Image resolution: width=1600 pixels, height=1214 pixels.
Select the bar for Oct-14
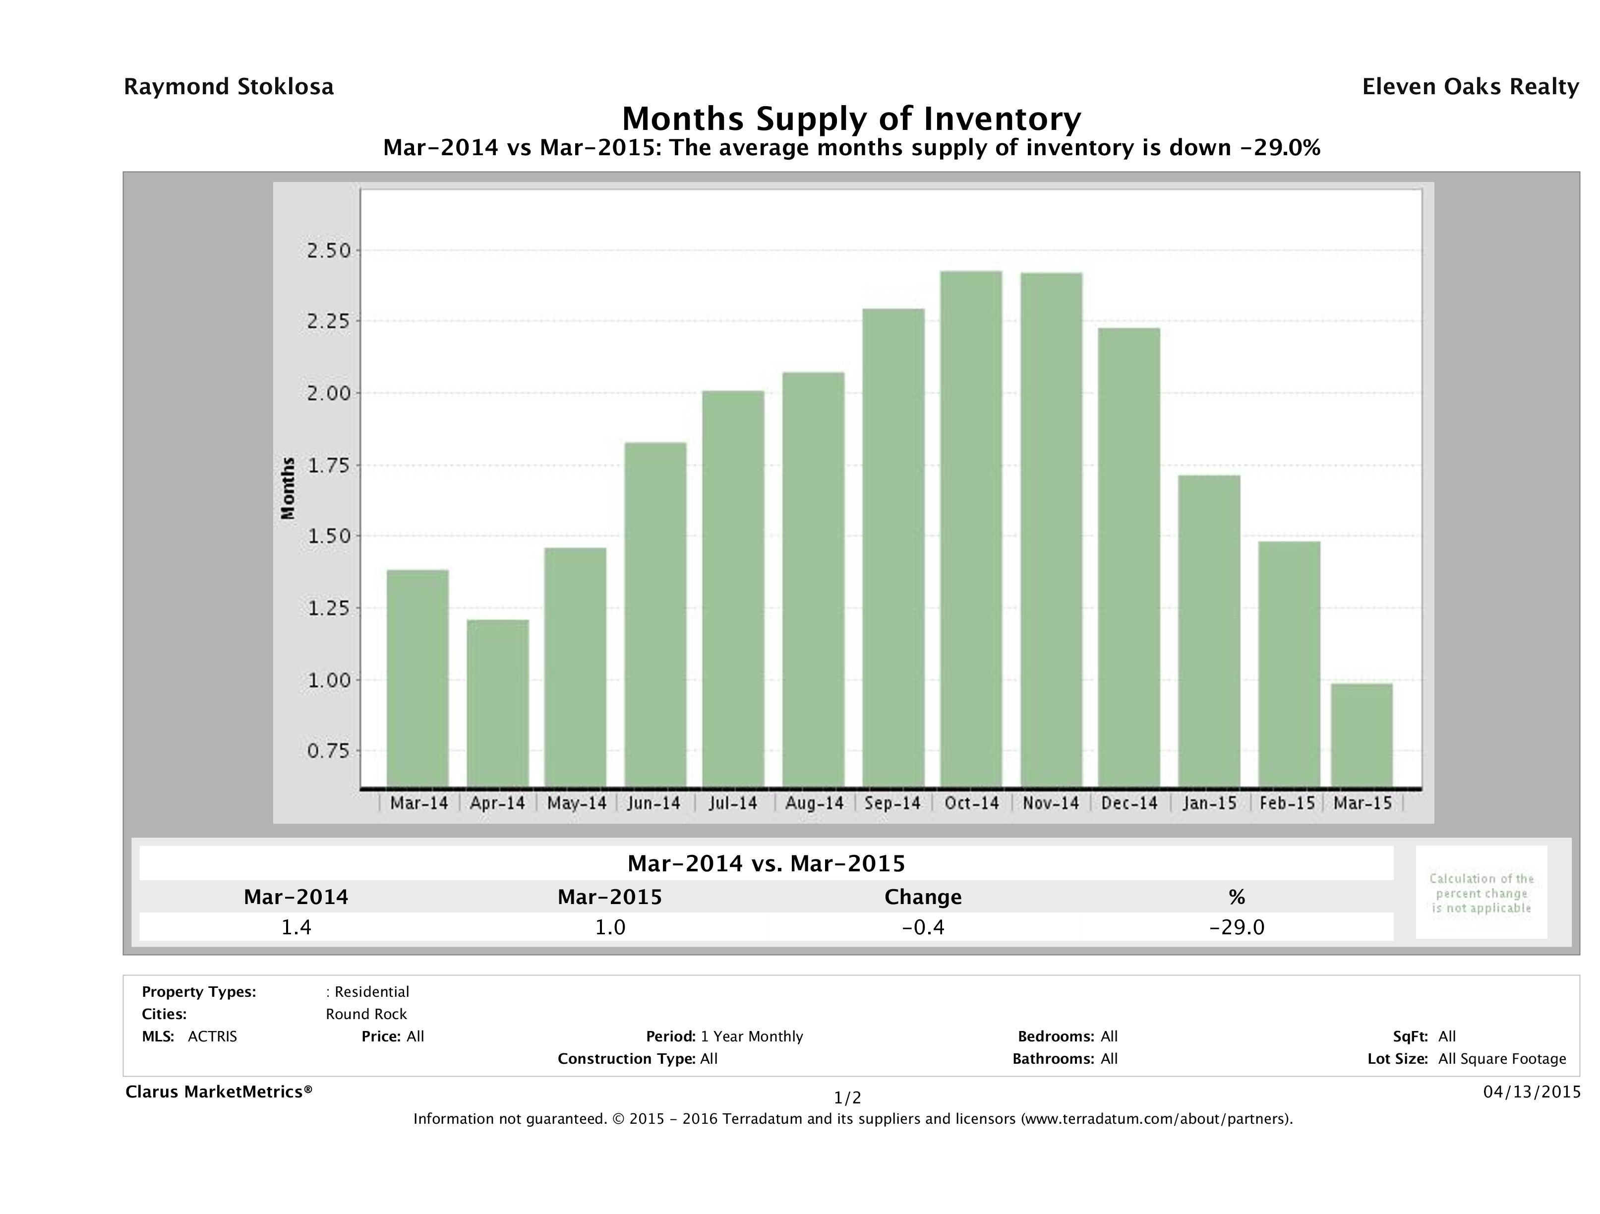coord(971,529)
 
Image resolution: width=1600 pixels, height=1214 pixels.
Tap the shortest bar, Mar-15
coord(1362,735)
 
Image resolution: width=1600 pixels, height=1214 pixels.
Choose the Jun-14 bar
coord(655,614)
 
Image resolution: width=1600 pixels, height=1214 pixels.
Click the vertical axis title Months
coord(289,488)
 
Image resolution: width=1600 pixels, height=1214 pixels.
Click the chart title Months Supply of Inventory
coord(851,119)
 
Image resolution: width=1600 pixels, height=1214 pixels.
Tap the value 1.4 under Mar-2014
coord(296,927)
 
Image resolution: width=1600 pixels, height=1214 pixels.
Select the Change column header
coord(923,897)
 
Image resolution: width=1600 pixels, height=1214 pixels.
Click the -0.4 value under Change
coord(923,927)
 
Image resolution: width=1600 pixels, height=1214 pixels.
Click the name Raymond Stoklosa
coord(229,87)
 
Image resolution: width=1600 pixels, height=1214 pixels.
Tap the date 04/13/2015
coord(1531,1092)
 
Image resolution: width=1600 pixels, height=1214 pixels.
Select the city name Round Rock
coord(366,1014)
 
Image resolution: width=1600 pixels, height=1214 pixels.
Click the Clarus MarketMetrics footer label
coord(219,1092)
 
